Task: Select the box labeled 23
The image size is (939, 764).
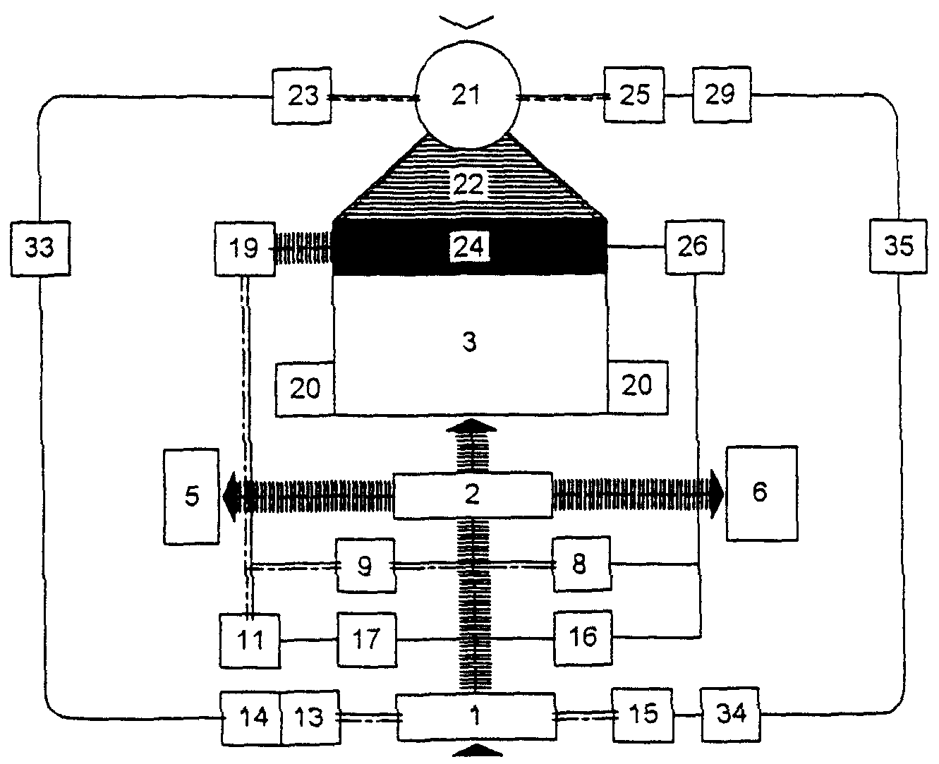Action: [303, 96]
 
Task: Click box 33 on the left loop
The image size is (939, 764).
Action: [40, 248]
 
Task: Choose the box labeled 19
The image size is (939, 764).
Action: [244, 248]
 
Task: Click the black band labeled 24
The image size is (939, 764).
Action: [469, 247]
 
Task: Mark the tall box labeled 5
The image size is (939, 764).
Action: [192, 497]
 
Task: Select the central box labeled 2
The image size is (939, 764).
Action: [472, 495]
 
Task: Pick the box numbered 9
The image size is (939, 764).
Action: [365, 566]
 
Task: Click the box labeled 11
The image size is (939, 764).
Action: [249, 641]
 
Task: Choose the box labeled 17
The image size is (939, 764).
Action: [366, 640]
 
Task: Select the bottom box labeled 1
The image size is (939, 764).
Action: [476, 717]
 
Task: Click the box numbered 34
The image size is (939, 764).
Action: [731, 714]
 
